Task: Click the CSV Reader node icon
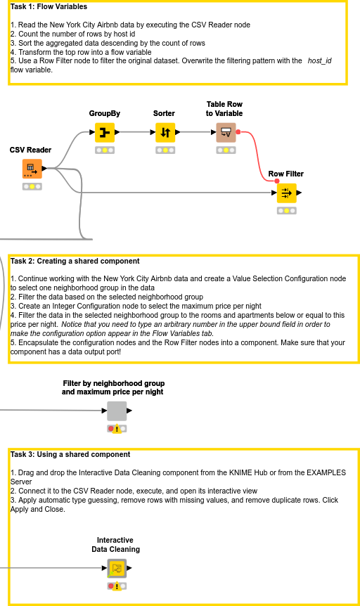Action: [32, 169]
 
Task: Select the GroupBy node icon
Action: [104, 132]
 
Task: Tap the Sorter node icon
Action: [165, 132]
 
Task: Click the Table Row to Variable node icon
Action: [226, 132]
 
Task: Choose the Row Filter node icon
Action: [286, 193]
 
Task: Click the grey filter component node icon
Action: [117, 411]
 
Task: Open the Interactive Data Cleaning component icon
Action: [117, 568]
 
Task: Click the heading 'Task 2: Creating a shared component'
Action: [75, 261]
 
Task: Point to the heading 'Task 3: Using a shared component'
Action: [70, 454]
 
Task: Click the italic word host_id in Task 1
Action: [319, 61]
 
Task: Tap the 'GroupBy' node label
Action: [104, 113]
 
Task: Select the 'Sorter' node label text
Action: [165, 113]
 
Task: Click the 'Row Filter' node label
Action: [286, 174]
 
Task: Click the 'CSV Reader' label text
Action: [30, 150]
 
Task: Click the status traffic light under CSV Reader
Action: [32, 186]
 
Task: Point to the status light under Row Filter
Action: [286, 210]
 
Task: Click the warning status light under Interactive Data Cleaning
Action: [117, 586]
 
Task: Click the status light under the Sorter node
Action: [165, 150]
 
